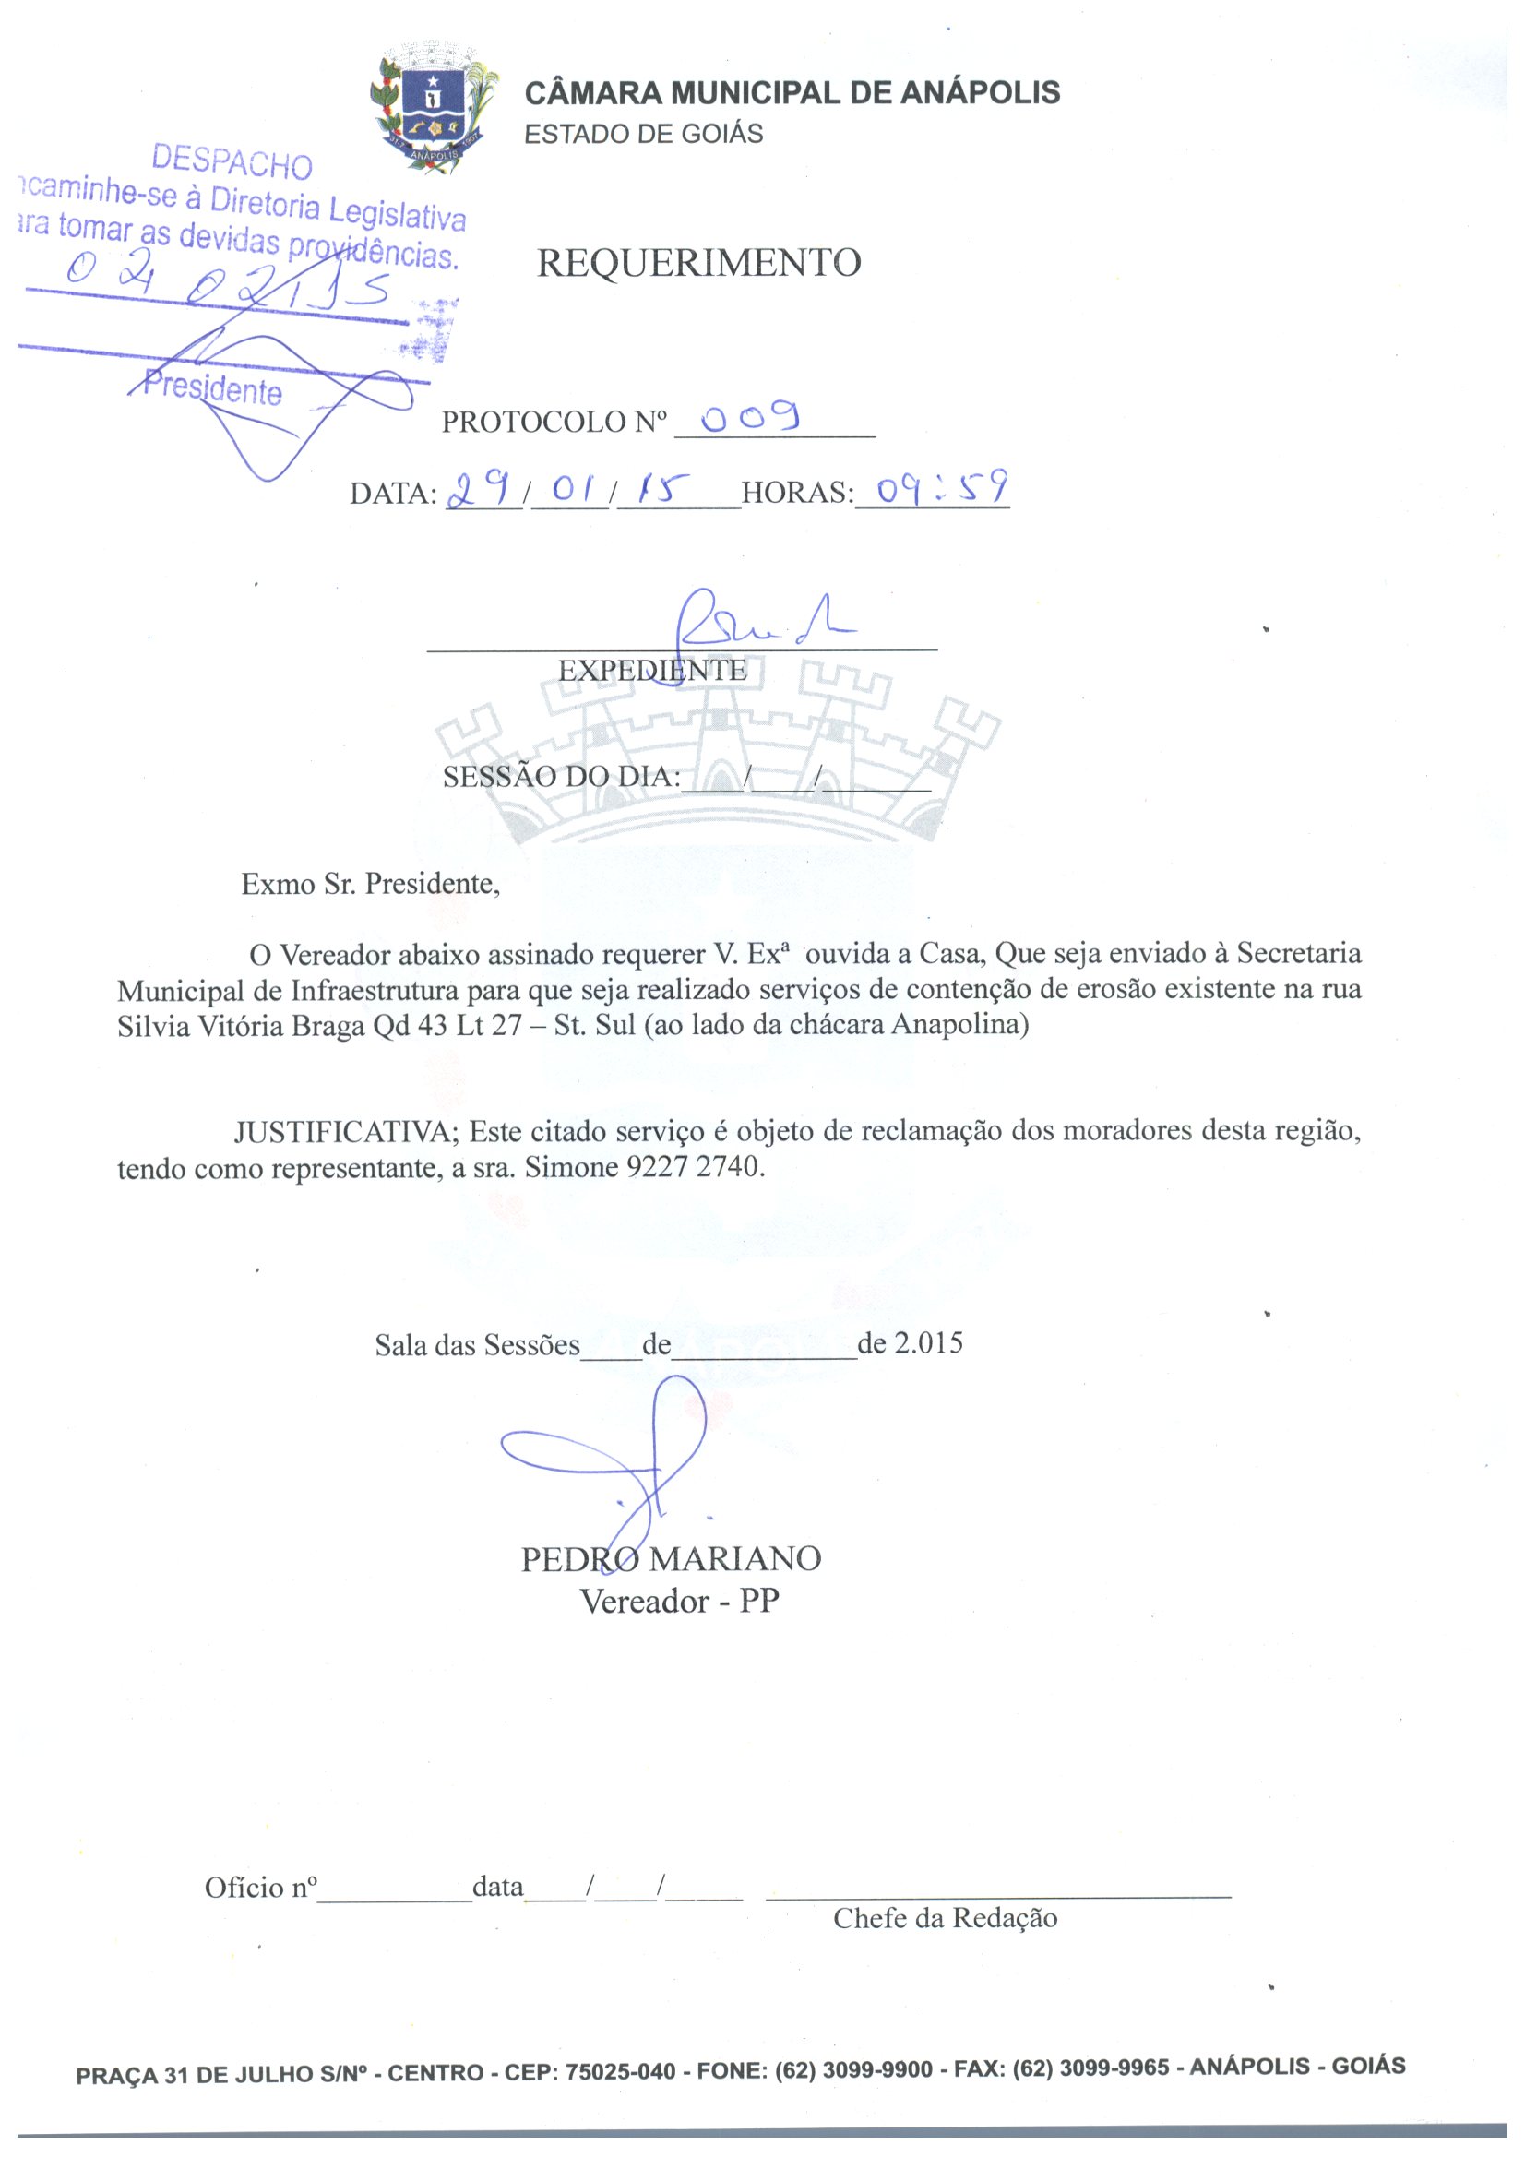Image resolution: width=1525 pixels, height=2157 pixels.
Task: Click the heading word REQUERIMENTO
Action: pos(698,263)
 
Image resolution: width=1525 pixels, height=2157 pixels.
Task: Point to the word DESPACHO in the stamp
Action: pos(232,162)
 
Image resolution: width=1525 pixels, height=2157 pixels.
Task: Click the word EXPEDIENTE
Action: pos(652,671)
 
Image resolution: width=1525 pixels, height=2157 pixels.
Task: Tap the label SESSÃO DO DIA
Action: pos(561,777)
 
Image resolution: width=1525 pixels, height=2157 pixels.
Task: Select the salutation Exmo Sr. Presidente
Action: pos(370,884)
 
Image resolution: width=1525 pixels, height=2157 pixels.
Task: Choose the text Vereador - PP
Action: pos(679,1602)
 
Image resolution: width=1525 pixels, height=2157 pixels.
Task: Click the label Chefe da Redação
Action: pos(945,1918)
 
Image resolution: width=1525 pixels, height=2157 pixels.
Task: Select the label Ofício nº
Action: pos(260,1888)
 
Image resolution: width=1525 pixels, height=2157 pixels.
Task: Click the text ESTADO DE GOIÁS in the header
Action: pos(643,135)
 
